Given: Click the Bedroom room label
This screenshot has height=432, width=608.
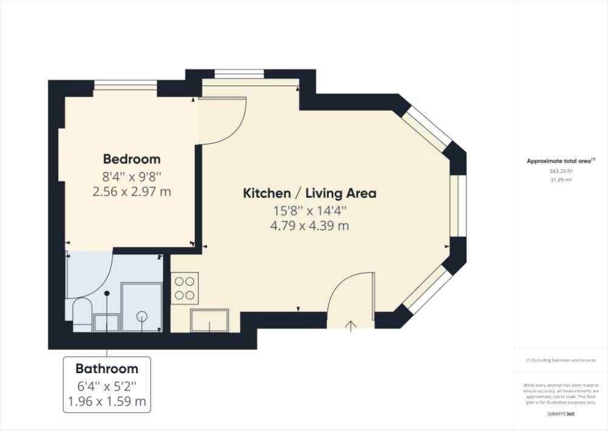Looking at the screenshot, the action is point(131,159).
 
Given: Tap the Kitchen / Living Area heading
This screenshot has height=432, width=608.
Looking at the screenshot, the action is point(309,193).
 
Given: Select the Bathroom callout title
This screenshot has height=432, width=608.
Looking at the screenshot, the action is point(107,368).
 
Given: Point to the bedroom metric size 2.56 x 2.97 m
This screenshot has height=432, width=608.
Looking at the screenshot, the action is point(131,191).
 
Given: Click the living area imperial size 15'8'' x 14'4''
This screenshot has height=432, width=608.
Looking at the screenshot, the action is point(309,211).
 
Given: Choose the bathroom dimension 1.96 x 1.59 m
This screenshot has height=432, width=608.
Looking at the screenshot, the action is point(107,402).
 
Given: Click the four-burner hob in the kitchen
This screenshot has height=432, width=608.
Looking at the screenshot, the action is point(185,288).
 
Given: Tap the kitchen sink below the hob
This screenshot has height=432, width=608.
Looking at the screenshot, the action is point(210,320).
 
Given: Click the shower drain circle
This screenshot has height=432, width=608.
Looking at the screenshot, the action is point(142,317).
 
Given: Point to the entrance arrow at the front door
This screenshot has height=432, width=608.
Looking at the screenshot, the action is point(351,326).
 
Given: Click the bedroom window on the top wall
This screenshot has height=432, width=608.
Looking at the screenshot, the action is point(126,85).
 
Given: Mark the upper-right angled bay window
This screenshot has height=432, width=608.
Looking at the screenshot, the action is point(426,128).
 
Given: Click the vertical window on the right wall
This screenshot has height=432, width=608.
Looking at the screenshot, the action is point(458,206).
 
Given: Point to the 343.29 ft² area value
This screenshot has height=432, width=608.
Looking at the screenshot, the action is point(561,171).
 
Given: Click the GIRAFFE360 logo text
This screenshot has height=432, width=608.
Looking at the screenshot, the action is point(561,414).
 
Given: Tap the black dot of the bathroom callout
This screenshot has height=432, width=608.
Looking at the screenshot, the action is point(107,294).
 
